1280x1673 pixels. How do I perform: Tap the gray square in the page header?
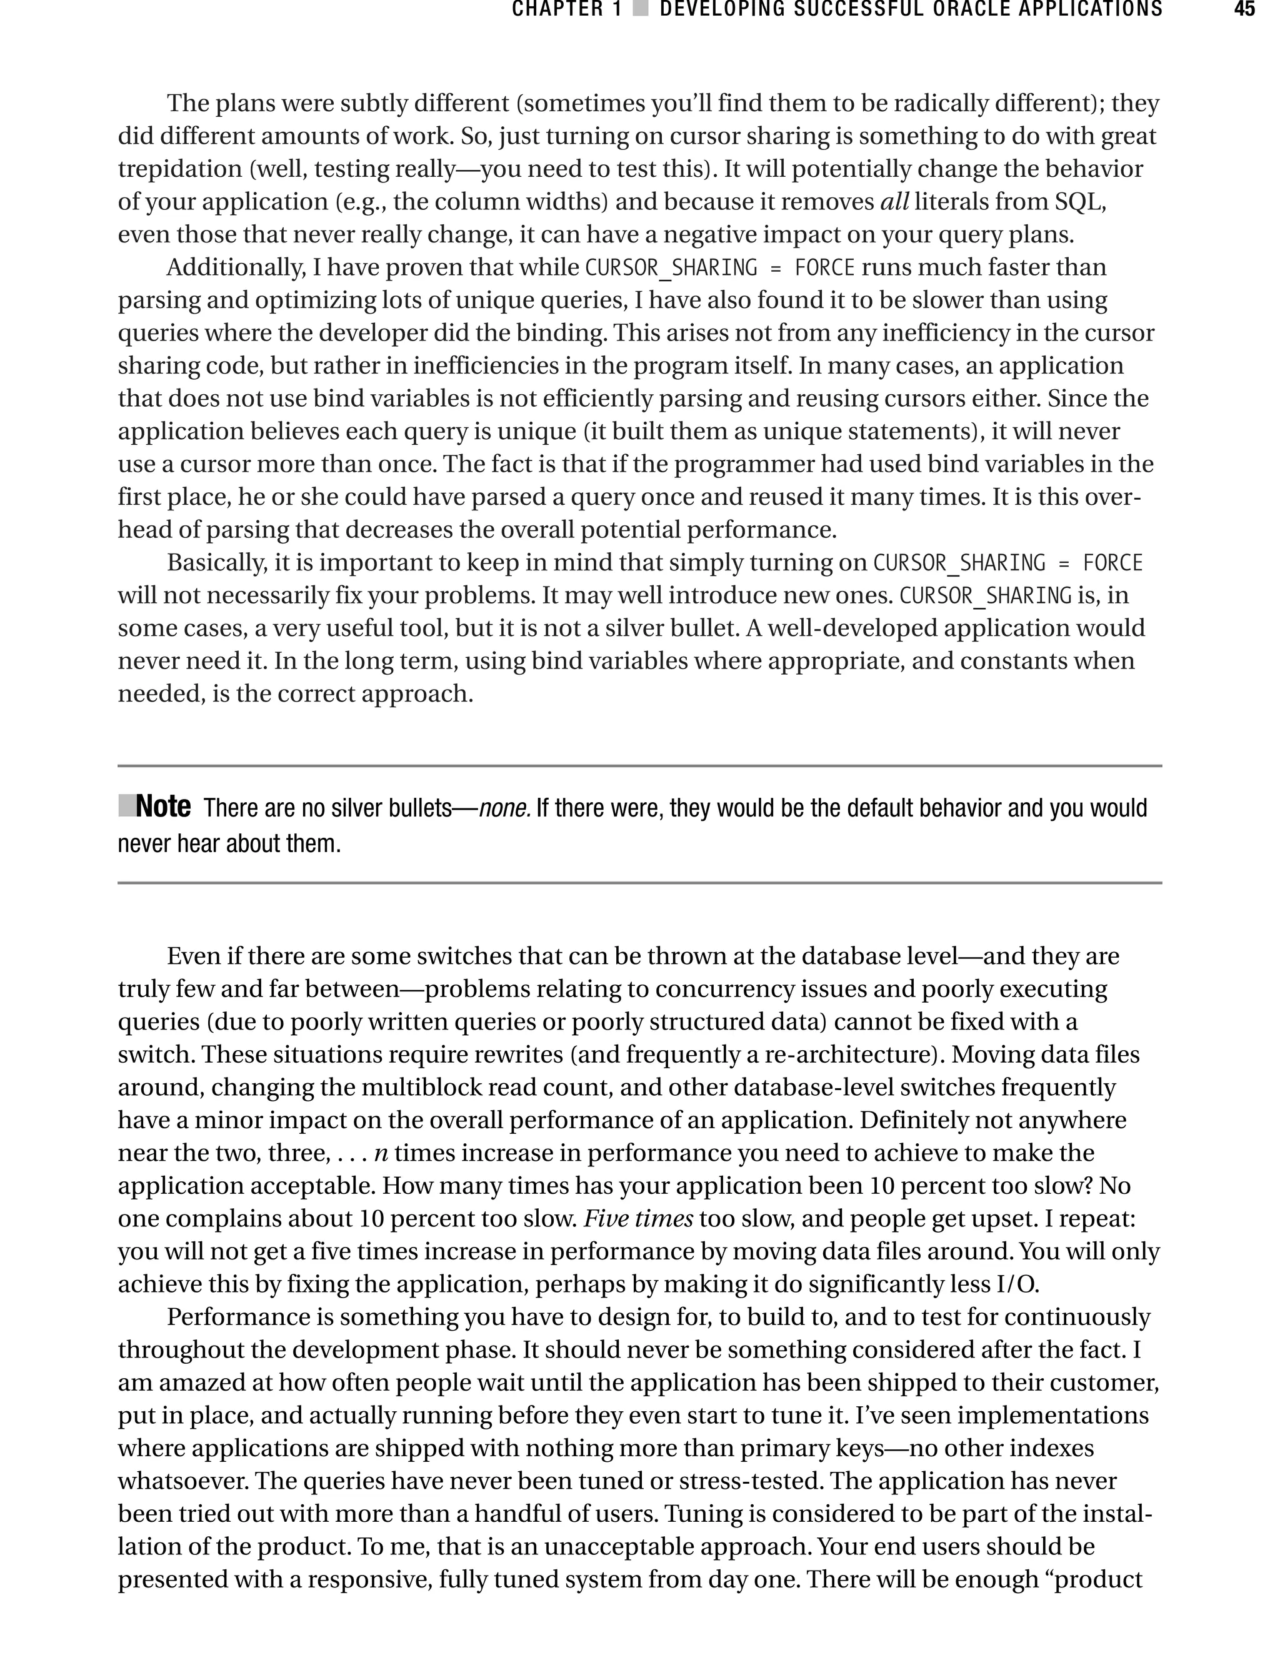coord(641,10)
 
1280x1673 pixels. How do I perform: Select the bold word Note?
coord(163,807)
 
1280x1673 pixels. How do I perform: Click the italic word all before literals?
coord(894,202)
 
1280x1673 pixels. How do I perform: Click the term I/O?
coord(1017,1284)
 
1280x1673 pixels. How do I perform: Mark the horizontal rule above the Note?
coord(640,766)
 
